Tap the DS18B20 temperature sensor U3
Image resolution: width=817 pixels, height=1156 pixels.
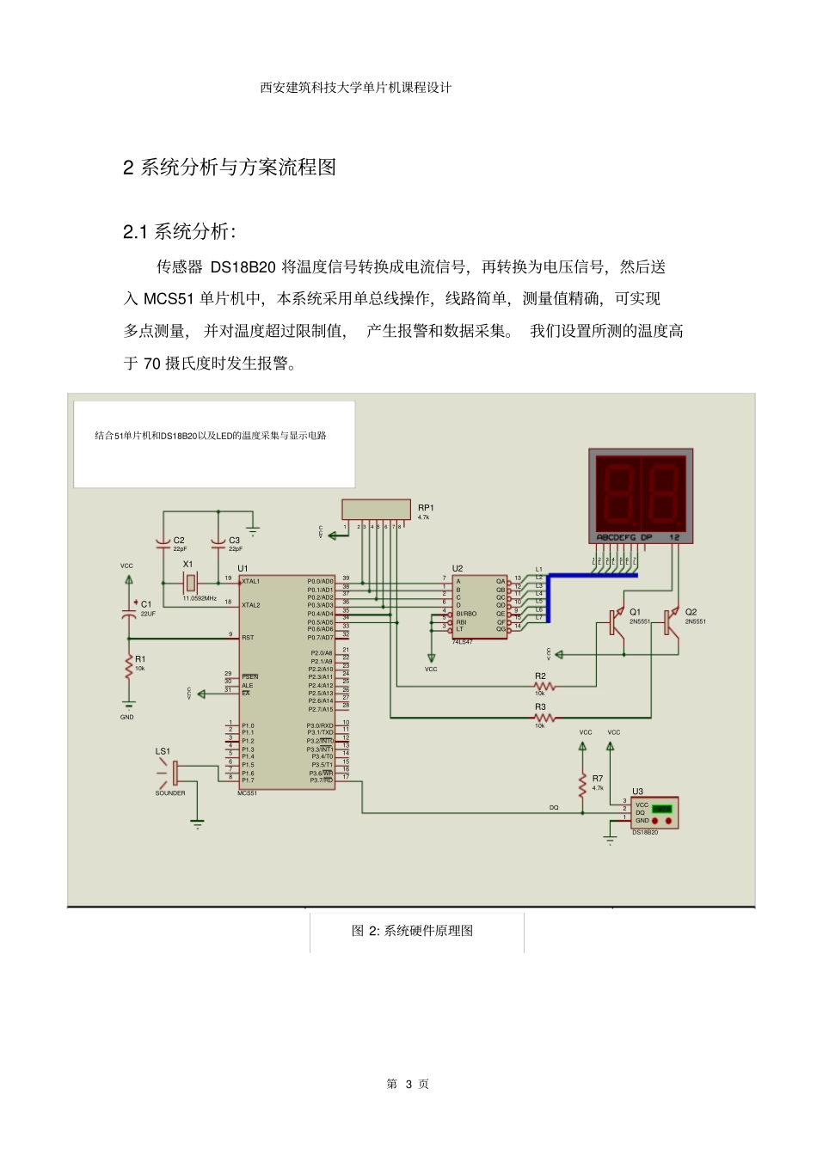(654, 812)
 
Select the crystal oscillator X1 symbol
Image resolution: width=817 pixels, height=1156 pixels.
(190, 583)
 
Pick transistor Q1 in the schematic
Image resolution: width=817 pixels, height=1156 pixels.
(616, 621)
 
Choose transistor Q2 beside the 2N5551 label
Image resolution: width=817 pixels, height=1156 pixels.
(671, 621)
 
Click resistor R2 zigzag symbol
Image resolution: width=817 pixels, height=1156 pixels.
(544, 686)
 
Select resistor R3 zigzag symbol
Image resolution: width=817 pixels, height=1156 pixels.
(544, 717)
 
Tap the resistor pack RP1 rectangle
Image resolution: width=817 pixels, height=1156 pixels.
(376, 509)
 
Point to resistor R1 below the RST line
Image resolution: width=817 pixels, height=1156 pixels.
(129, 666)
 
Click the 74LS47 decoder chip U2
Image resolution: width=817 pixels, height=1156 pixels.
(479, 606)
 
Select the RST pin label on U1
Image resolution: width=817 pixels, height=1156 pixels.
(248, 638)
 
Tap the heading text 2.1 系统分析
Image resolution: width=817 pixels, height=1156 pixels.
(179, 231)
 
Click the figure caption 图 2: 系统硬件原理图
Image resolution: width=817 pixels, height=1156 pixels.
(412, 931)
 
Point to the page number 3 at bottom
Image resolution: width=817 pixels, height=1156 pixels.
(408, 1085)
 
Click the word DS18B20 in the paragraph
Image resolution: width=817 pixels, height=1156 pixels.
(243, 267)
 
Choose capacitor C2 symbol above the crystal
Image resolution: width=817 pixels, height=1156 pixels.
(163, 543)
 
